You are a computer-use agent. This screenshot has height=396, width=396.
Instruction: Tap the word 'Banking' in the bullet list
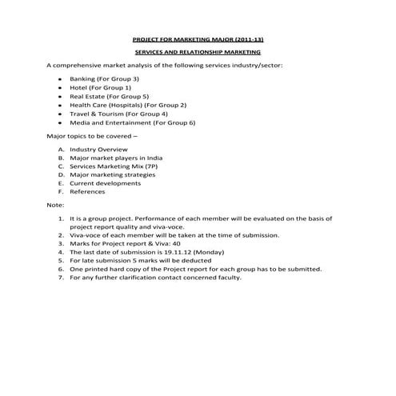click(82, 79)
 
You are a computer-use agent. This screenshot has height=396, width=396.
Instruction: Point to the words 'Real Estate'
click(87, 96)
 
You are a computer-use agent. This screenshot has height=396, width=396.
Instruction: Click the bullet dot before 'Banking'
click(61, 79)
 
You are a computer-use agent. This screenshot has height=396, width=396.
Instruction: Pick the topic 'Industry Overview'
click(98, 150)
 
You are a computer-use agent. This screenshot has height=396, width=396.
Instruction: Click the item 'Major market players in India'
click(116, 158)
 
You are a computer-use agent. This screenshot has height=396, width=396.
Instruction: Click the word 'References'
click(87, 192)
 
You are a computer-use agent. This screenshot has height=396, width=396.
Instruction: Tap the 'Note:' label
click(55, 206)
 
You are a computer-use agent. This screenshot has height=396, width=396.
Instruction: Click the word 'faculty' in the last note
click(228, 278)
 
